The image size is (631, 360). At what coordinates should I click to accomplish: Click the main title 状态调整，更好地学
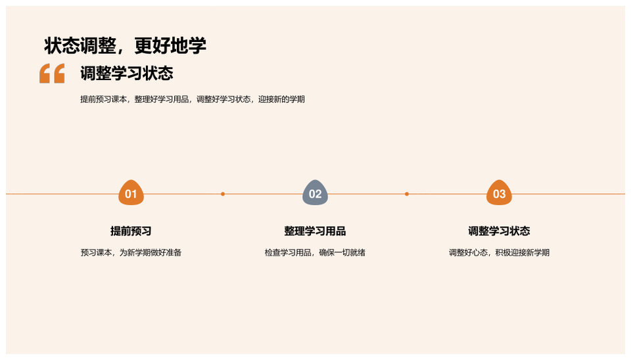coord(125,46)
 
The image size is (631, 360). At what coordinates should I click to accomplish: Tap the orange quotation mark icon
coord(52,73)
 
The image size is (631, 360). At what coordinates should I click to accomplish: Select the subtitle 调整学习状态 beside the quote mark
coord(127,73)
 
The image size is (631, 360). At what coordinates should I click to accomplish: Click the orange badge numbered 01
coord(131,192)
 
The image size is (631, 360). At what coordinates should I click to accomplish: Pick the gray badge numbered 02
coord(315,192)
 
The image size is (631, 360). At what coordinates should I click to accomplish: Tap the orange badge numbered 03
coord(499,192)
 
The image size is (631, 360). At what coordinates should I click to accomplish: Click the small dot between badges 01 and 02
coord(223,194)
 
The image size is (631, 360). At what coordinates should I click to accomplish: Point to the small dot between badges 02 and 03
coord(407,194)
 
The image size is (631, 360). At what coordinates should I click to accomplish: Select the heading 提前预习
coord(131,231)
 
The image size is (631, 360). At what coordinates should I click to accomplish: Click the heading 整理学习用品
coord(315,231)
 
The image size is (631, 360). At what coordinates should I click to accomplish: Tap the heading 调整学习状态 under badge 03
coord(499,231)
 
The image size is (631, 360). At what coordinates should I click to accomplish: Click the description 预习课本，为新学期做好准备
coord(131,253)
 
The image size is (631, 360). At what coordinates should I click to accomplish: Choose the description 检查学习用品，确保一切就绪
coord(315,253)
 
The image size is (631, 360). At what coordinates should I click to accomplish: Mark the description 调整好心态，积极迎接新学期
coord(499,253)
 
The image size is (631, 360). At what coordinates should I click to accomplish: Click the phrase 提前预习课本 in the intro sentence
coord(103,99)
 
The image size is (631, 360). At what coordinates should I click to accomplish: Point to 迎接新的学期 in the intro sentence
coord(282,99)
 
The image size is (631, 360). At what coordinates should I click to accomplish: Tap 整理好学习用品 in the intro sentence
coord(162,99)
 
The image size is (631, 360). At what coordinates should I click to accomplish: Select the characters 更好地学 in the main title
coord(170,46)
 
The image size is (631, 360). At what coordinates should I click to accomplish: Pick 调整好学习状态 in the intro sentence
coord(223,99)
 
